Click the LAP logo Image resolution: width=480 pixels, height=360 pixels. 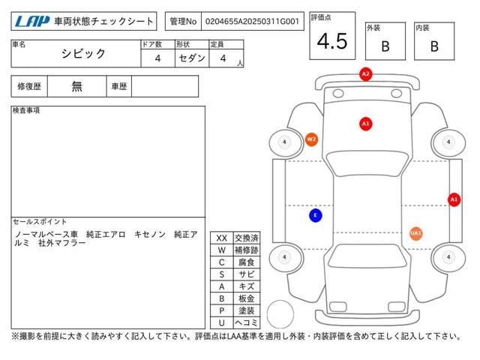point(32,22)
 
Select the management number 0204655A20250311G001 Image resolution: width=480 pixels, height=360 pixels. point(252,22)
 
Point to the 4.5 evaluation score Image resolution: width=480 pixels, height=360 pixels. point(332,41)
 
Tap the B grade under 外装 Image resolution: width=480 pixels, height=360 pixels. point(385,46)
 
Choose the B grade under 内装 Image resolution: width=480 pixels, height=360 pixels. point(434,46)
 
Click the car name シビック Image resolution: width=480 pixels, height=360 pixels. point(83,54)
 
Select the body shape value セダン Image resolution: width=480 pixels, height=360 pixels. point(192,58)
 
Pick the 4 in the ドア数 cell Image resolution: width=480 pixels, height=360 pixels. point(157,58)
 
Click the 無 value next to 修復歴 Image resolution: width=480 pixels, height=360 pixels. point(76,86)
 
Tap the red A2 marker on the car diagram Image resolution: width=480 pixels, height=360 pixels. point(365,74)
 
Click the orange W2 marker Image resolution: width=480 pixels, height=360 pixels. point(311,139)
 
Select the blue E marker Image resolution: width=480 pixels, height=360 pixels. point(316,215)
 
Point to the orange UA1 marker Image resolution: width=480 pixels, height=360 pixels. point(415,233)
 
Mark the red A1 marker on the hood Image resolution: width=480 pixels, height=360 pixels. point(365,124)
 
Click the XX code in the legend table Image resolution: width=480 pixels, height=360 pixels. point(222,238)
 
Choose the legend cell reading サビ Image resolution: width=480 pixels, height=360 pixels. point(247,274)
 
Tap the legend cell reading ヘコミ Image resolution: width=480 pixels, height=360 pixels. point(247,322)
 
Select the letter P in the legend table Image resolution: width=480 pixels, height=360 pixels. point(222,310)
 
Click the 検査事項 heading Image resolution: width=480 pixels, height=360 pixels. point(26,110)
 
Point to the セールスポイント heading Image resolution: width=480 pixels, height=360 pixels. point(40,222)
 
